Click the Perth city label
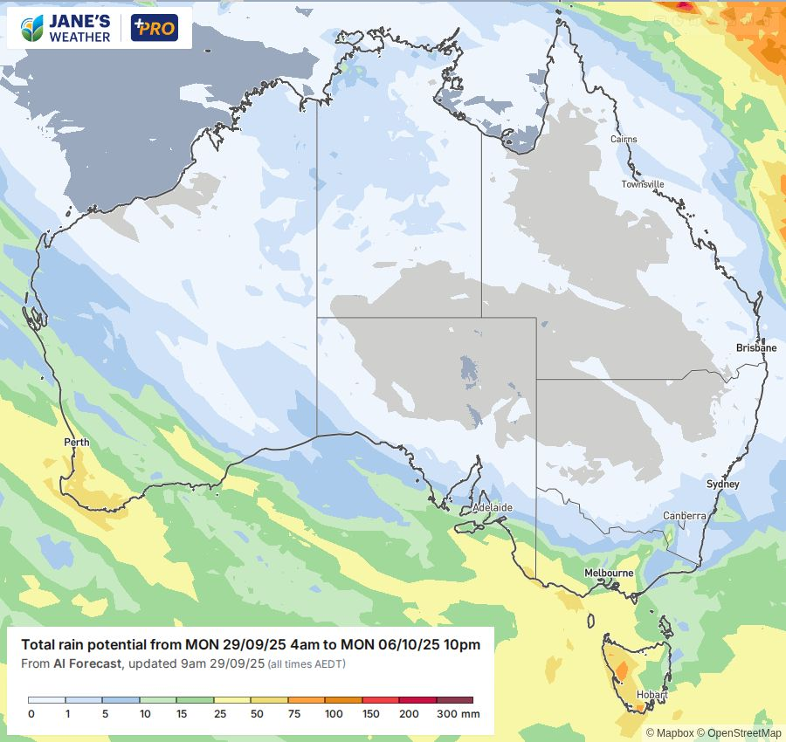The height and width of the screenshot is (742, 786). pyautogui.click(x=77, y=443)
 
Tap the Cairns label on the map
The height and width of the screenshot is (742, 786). pyautogui.click(x=624, y=140)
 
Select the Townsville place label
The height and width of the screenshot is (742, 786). pyautogui.click(x=643, y=184)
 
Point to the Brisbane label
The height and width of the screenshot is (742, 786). pyautogui.click(x=755, y=347)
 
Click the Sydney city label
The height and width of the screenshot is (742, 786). pyautogui.click(x=722, y=484)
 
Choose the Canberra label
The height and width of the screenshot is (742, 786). pyautogui.click(x=684, y=516)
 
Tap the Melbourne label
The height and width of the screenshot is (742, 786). pyautogui.click(x=609, y=573)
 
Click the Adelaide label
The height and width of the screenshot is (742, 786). pyautogui.click(x=492, y=507)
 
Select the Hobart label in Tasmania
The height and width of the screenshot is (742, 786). pyautogui.click(x=652, y=696)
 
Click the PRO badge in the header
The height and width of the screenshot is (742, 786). pyautogui.click(x=154, y=28)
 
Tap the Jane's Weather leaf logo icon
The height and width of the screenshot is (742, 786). pyautogui.click(x=31, y=28)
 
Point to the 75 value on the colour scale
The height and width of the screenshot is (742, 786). pyautogui.click(x=296, y=714)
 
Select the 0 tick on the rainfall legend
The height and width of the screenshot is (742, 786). pyautogui.click(x=31, y=714)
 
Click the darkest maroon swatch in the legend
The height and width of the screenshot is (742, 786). pyautogui.click(x=454, y=700)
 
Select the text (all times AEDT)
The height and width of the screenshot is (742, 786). pyautogui.click(x=307, y=664)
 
